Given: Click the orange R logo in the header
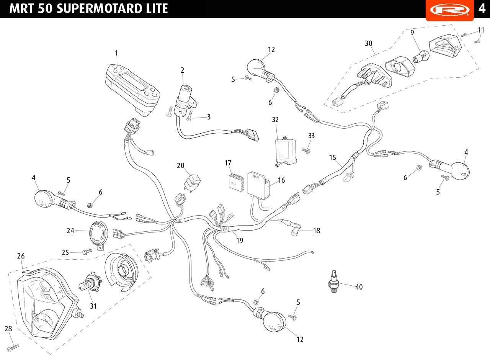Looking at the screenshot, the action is (x=450, y=10).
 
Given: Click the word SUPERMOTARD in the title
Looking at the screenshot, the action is (x=98, y=8).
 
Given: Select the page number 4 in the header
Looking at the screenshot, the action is (x=482, y=8).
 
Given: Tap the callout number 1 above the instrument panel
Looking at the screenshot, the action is (x=116, y=53).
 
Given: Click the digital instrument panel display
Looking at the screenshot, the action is (x=132, y=89).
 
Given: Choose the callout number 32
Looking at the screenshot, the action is (x=275, y=120).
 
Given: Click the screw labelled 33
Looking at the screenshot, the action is (x=306, y=151).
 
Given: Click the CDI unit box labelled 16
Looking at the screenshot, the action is (x=258, y=185).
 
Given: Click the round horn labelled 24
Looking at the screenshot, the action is (x=99, y=234).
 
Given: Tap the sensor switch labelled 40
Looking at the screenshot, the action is (x=333, y=281).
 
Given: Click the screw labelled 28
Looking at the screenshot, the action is (x=13, y=348).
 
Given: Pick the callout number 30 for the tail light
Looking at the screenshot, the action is (x=368, y=44).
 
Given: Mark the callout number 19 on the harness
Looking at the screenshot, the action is (x=240, y=241).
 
